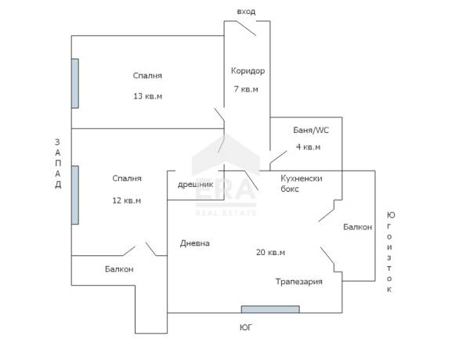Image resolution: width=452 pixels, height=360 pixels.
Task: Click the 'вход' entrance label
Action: coord(246,12)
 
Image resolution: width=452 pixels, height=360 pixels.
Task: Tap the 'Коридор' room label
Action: coord(248,71)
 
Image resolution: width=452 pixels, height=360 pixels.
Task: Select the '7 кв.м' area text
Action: coord(246,89)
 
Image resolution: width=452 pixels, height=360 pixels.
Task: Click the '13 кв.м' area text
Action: coord(147,96)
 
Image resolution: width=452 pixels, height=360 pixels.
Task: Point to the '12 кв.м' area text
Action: coord(127,200)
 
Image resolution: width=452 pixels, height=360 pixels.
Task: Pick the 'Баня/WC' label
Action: coord(311,130)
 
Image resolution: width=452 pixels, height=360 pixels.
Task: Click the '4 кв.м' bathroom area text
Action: coord(308,147)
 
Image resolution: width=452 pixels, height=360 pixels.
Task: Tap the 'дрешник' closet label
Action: coord(195,185)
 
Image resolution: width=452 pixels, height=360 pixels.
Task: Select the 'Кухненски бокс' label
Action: coord(302,183)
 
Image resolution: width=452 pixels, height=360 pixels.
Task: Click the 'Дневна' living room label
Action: coord(195,243)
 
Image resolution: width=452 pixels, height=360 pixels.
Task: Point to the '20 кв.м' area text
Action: coord(270,252)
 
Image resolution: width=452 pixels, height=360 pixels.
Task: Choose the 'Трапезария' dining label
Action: coord(299,282)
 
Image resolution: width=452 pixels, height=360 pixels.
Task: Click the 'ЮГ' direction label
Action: coord(246,327)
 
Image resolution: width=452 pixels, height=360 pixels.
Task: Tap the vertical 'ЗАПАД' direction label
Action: coord(58,164)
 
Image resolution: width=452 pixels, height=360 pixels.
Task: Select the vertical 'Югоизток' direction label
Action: coord(389,252)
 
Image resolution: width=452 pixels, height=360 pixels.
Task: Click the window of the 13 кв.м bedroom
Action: coord(75,84)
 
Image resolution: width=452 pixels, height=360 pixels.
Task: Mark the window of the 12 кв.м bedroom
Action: coord(75,195)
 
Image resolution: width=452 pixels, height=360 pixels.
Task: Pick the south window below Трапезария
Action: coord(270,309)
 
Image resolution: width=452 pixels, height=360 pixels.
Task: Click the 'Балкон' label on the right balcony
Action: coord(357,227)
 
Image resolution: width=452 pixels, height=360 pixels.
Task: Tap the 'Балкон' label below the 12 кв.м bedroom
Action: coord(119,269)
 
